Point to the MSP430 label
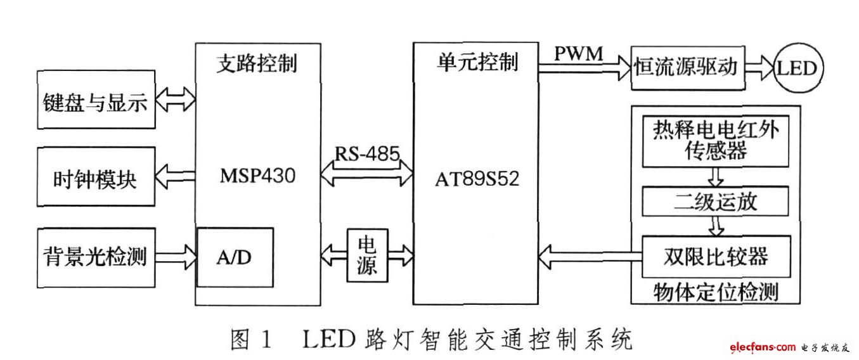(258, 176)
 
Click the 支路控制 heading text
(257, 63)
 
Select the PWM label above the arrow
(579, 54)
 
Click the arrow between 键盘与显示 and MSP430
(175, 100)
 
